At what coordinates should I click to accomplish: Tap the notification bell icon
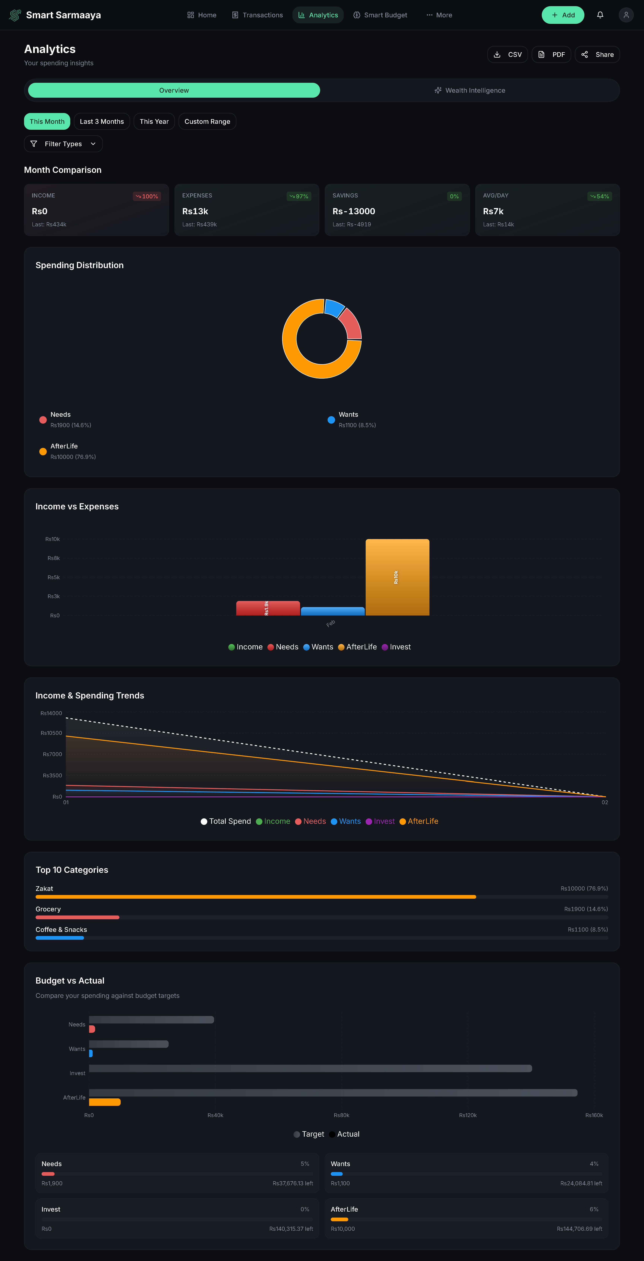point(600,15)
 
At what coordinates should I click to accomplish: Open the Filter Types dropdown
point(63,144)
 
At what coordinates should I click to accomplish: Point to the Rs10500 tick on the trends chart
point(51,733)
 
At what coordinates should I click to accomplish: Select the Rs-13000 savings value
point(353,211)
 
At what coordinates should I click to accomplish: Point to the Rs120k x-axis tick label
point(467,1116)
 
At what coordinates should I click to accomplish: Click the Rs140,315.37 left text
point(291,1229)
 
